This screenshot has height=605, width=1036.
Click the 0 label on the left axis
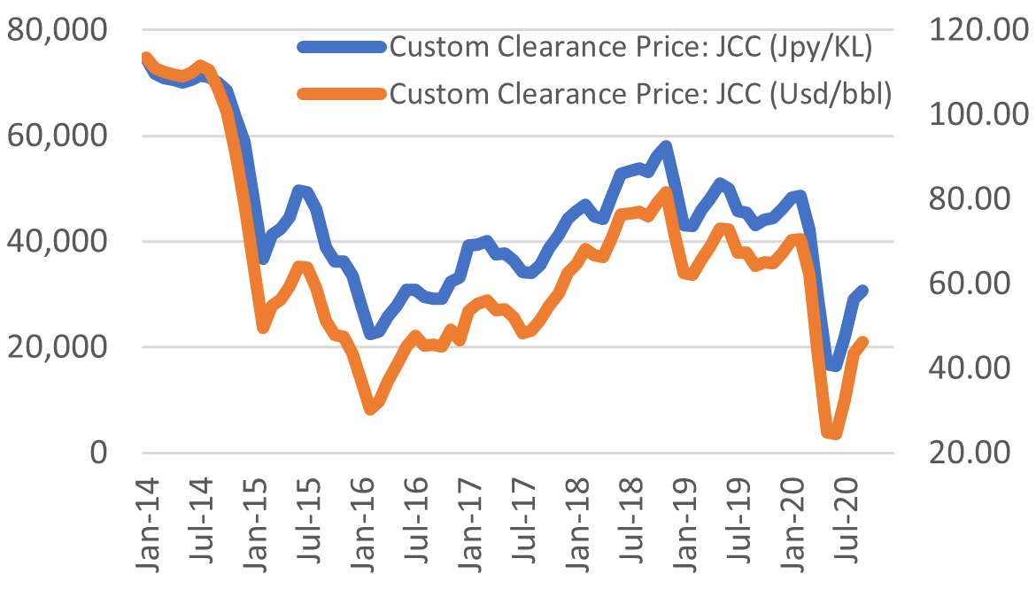pyautogui.click(x=97, y=453)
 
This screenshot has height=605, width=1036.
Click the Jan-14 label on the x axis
pyautogui.click(x=147, y=523)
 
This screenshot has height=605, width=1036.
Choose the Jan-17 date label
pyautogui.click(x=470, y=523)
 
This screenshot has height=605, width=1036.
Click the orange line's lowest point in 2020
pyautogui.click(x=833, y=434)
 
